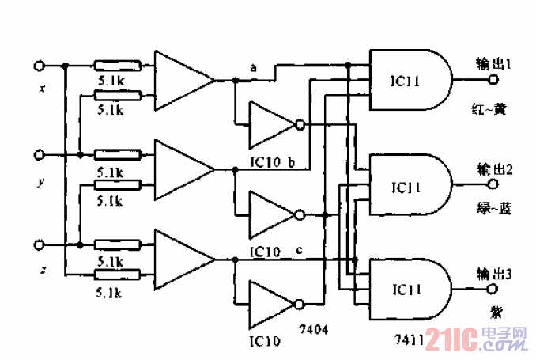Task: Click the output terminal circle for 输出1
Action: coord(494,80)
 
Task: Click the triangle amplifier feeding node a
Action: coord(181,80)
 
